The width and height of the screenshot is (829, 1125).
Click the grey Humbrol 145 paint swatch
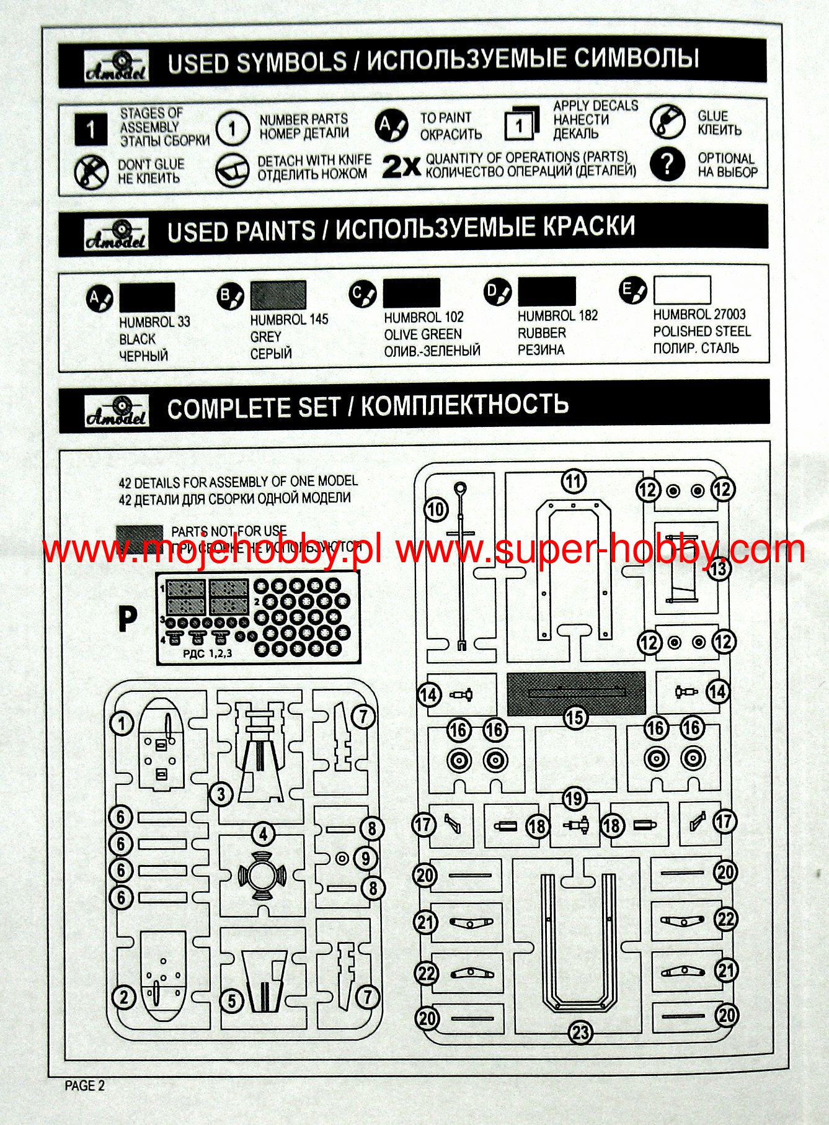(278, 295)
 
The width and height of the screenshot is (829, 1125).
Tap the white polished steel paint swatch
(681, 290)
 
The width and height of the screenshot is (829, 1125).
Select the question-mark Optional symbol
(667, 164)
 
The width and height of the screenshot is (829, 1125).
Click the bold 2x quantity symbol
(401, 166)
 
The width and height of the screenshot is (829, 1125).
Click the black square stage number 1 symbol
(91, 129)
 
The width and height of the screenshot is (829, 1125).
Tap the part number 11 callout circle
(574, 481)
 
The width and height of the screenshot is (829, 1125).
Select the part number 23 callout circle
(580, 1033)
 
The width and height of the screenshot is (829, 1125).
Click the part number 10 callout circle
(436, 509)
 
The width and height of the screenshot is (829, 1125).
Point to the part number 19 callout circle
(574, 799)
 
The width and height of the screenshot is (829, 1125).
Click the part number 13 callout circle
(718, 568)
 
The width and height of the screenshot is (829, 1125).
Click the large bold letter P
(127, 619)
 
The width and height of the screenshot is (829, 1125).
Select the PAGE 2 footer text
(85, 1085)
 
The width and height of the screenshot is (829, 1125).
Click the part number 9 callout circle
(366, 858)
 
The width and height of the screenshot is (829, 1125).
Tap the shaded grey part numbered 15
(575, 692)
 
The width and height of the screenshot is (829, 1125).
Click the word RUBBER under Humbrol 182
(541, 333)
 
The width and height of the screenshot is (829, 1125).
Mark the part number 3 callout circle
(221, 793)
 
